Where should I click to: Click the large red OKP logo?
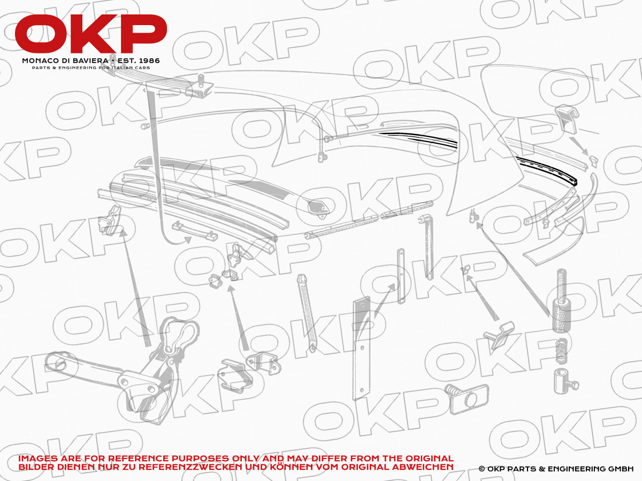(x=91, y=34)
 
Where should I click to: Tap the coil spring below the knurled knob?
(x=561, y=351)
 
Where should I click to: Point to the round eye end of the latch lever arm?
(x=56, y=362)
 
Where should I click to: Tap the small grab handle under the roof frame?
(x=195, y=231)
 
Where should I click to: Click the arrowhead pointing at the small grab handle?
(x=188, y=240)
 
